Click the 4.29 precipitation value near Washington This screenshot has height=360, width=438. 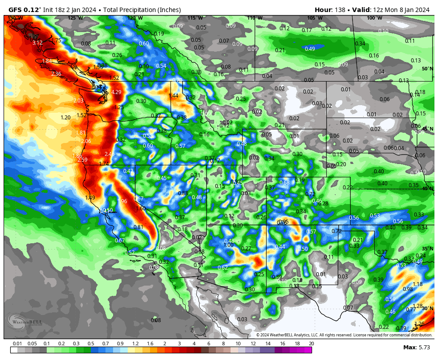pyautogui.click(x=116, y=92)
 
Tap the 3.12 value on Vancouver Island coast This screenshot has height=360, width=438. pyautogui.click(x=37, y=43)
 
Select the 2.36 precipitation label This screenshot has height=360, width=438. pyautogui.click(x=56, y=74)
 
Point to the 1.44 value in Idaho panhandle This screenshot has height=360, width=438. pyautogui.click(x=173, y=96)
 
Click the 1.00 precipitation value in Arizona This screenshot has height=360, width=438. pyautogui.click(x=228, y=245)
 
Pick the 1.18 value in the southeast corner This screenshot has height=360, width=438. pyautogui.click(x=418, y=284)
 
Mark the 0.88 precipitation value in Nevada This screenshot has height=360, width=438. pyautogui.click(x=182, y=193)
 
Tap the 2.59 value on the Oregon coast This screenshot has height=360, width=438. pyautogui.click(x=82, y=160)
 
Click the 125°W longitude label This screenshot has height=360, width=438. pyautogui.click(x=75, y=18)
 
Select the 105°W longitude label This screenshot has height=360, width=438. pyautogui.click(x=314, y=18)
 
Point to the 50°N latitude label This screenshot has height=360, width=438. pyautogui.click(x=427, y=69)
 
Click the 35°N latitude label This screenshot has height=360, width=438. pyautogui.click(x=427, y=249)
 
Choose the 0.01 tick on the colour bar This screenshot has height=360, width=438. pyautogui.click(x=18, y=344)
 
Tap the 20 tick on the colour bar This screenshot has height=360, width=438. pyautogui.click(x=311, y=344)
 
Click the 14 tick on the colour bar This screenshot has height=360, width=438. pyautogui.click(x=268, y=344)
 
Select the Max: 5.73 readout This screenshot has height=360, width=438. pyautogui.click(x=416, y=347)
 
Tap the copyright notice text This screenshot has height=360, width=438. pyautogui.click(x=344, y=335)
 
